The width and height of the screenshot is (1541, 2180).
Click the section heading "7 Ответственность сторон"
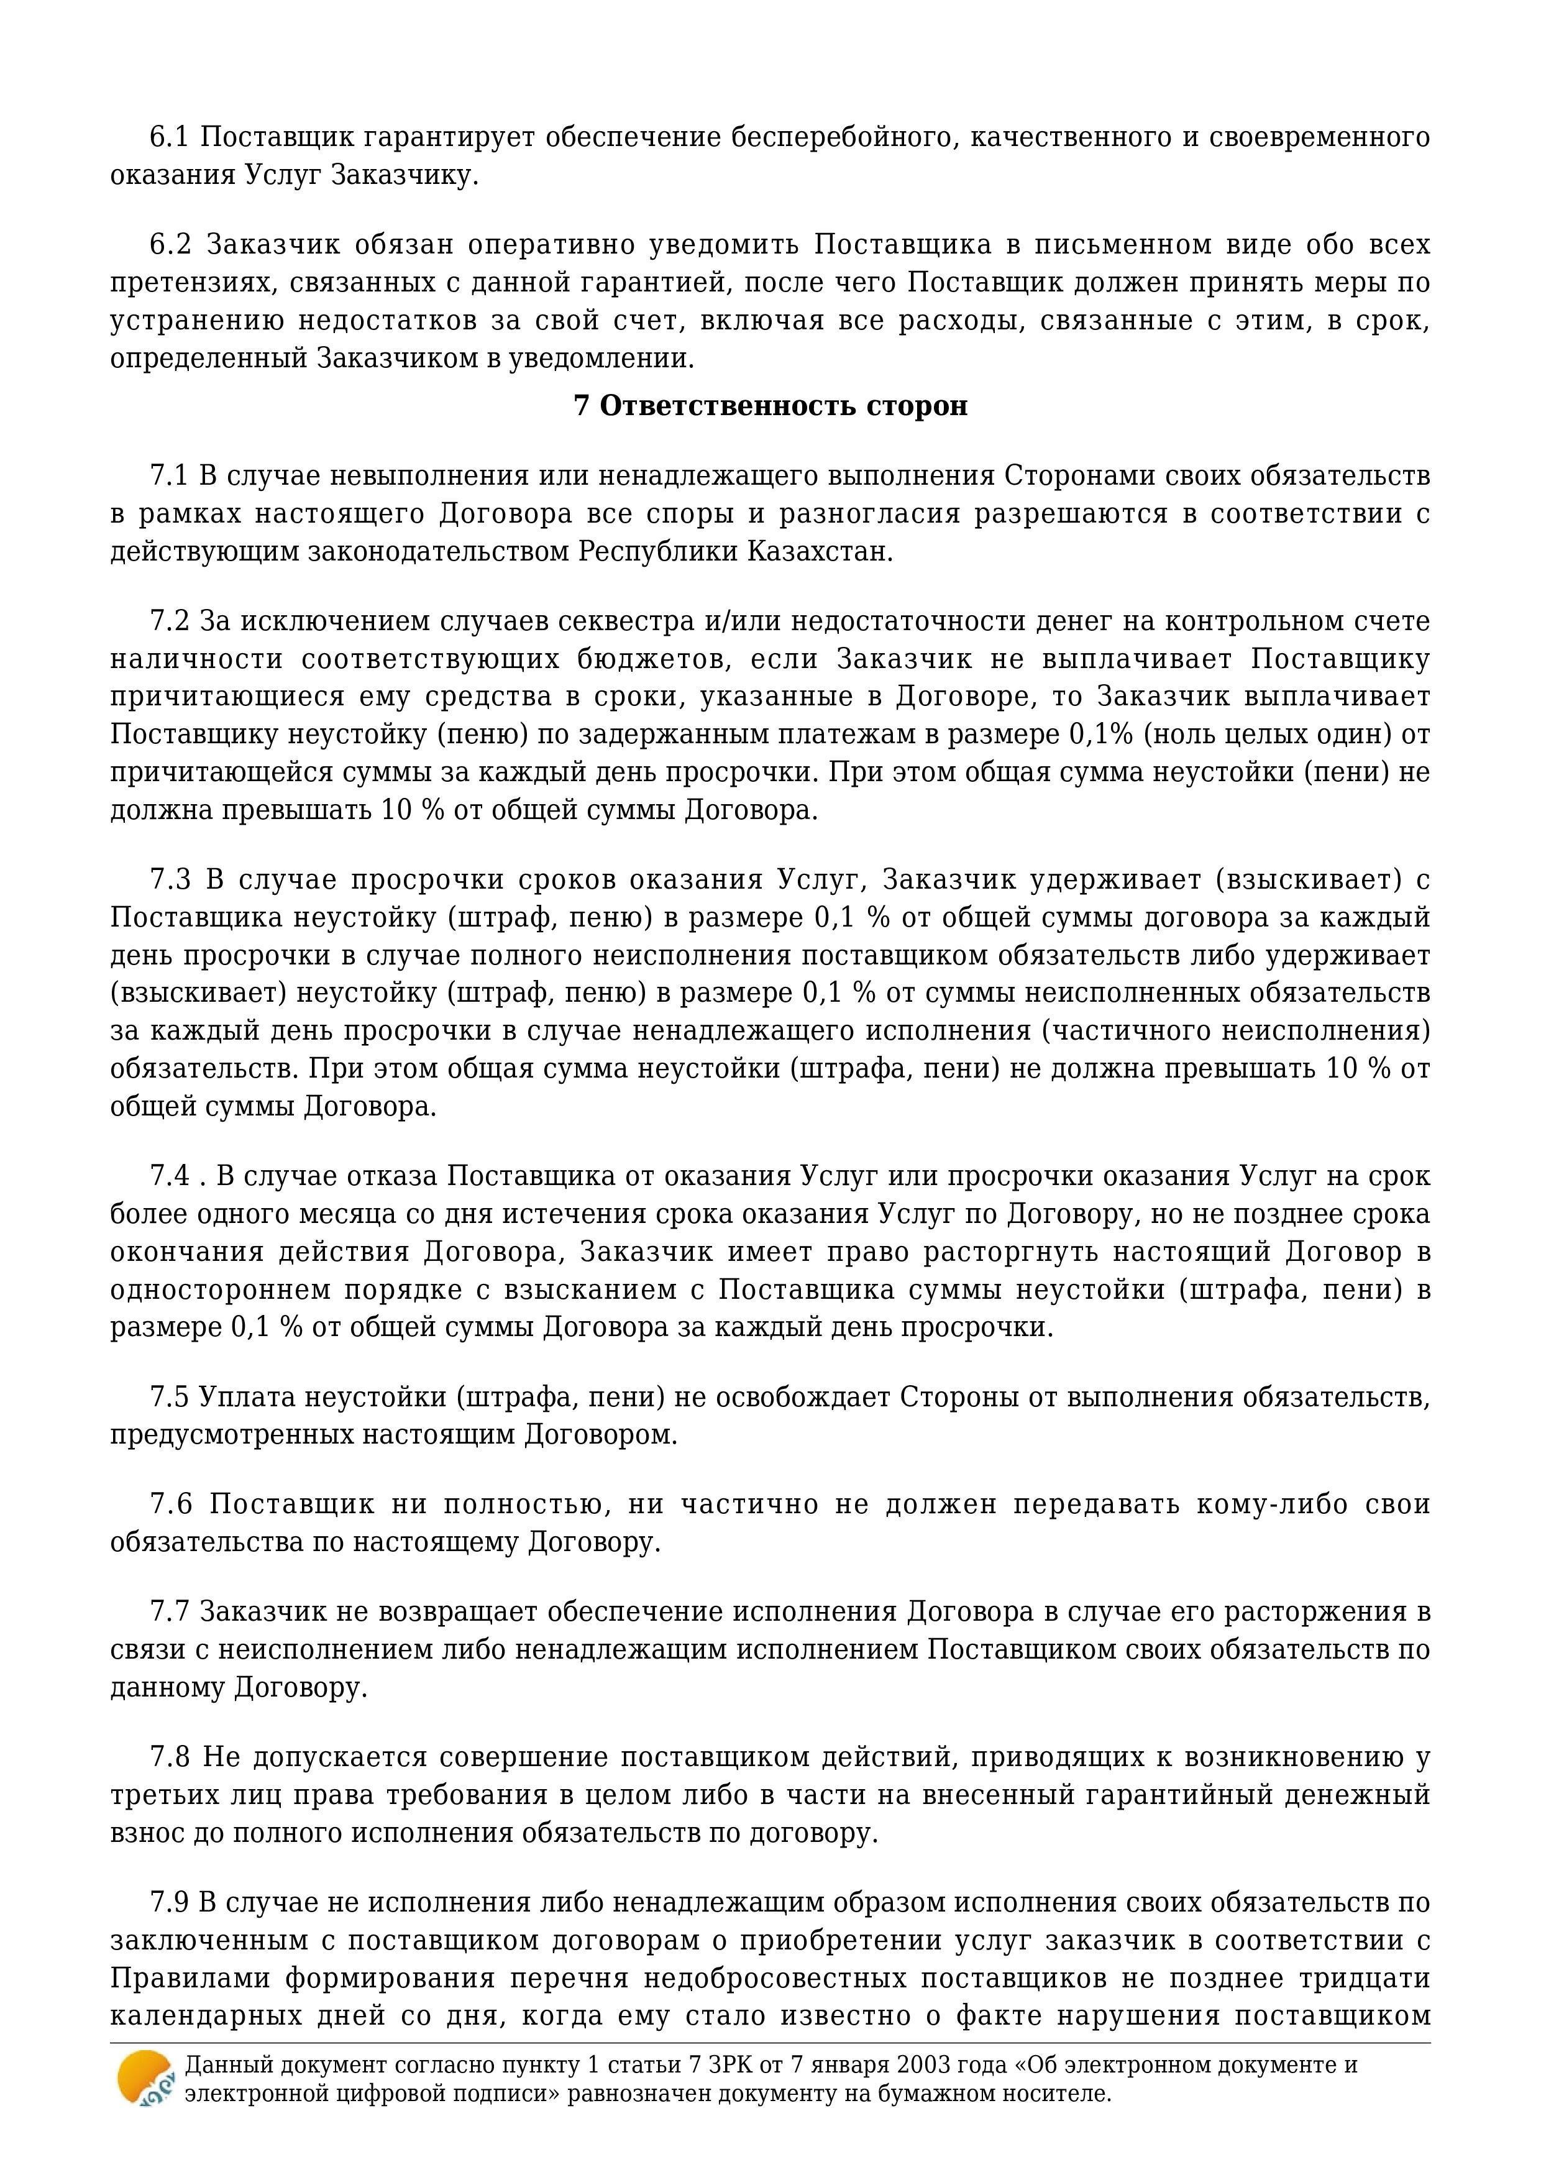770,405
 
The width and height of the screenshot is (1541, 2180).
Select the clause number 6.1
170,138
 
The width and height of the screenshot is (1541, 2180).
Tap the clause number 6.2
170,245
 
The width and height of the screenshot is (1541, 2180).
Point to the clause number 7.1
170,475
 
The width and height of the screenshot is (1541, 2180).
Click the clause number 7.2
170,621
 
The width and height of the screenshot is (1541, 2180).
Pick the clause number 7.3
170,879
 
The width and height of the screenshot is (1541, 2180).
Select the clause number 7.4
170,1176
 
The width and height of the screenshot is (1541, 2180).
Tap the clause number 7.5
170,1398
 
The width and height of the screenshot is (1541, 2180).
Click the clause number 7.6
170,1505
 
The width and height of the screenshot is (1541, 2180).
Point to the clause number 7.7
170,1612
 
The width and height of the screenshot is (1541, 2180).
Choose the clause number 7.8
170,1757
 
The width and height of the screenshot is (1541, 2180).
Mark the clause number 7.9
170,1903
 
